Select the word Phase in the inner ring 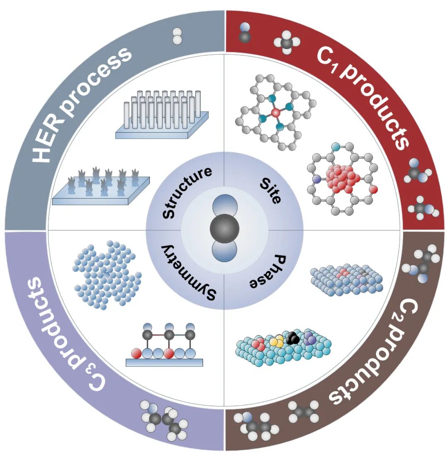point(268,272)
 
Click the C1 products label point(365,96)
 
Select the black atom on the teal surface point(293,339)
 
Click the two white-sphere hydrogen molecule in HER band point(177,36)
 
